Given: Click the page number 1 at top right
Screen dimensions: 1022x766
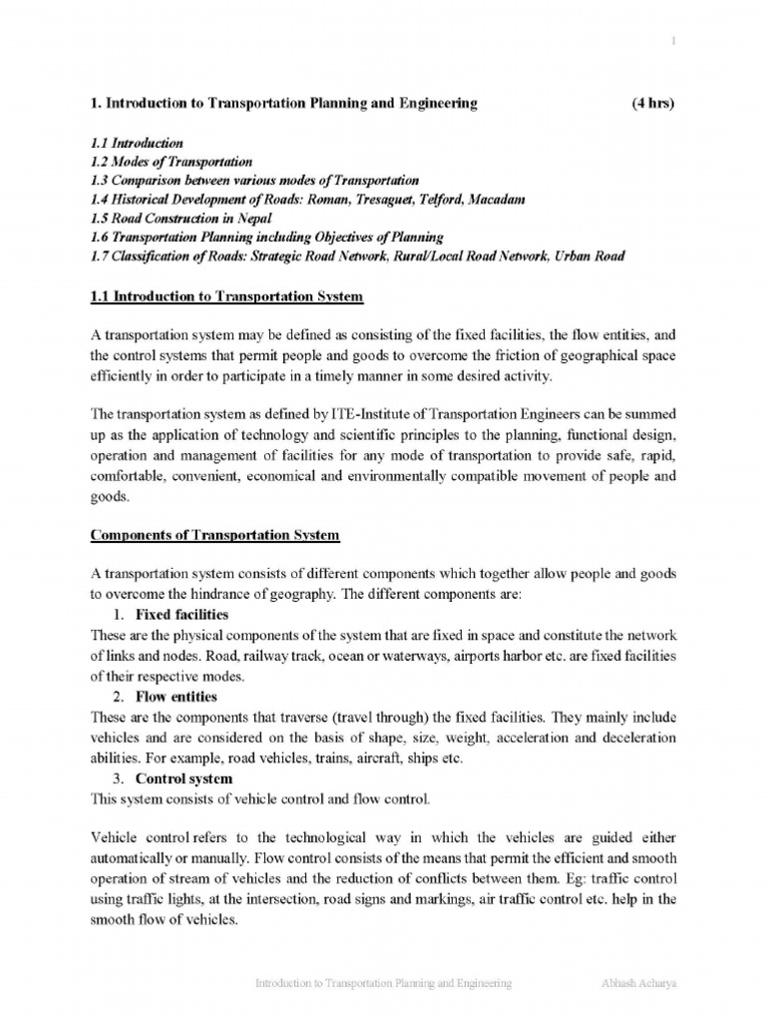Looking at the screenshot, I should point(673,40).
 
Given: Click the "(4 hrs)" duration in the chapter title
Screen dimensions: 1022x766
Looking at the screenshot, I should point(654,103).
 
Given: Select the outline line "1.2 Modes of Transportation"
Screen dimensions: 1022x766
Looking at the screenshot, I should point(171,161).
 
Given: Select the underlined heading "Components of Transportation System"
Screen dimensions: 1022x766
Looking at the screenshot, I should point(215,535).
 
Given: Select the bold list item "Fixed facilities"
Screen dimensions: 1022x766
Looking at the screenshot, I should point(182,614).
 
